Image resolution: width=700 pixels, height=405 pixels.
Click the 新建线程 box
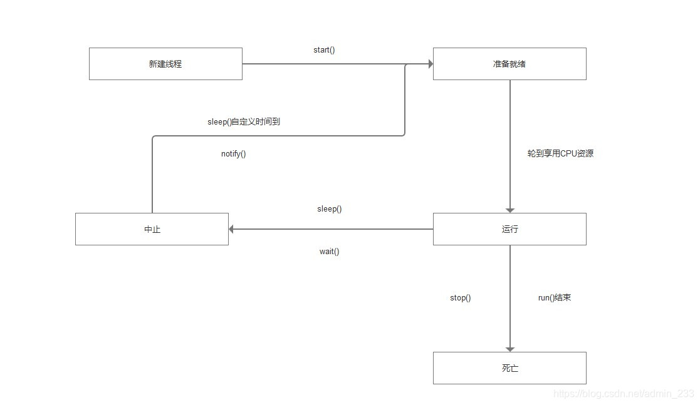coord(165,64)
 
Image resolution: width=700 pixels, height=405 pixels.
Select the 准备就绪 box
coord(509,64)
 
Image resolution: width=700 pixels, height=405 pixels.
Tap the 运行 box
coord(509,229)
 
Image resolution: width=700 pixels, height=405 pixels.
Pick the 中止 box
coord(152,229)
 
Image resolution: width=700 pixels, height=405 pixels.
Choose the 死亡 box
coord(509,368)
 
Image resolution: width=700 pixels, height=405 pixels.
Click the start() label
coord(324,49)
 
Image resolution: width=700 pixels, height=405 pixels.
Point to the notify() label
coord(233,154)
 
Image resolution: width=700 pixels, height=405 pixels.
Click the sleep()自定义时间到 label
coord(243,122)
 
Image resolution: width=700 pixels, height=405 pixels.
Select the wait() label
coord(329,252)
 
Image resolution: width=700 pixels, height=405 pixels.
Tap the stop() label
coord(460,298)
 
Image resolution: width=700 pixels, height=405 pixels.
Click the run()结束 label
coord(554,298)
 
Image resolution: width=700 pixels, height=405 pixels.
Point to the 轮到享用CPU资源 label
coord(560,153)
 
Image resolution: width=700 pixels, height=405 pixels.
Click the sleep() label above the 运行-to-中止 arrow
coord(329,209)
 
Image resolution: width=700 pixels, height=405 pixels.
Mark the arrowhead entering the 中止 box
coord(232,229)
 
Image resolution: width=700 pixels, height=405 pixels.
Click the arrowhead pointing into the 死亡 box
coord(510,349)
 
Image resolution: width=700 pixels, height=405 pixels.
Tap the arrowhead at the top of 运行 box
coord(510,210)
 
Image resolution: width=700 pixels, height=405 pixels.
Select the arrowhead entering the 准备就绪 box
coord(430,64)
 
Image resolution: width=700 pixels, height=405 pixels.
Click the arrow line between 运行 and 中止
coord(332,229)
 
